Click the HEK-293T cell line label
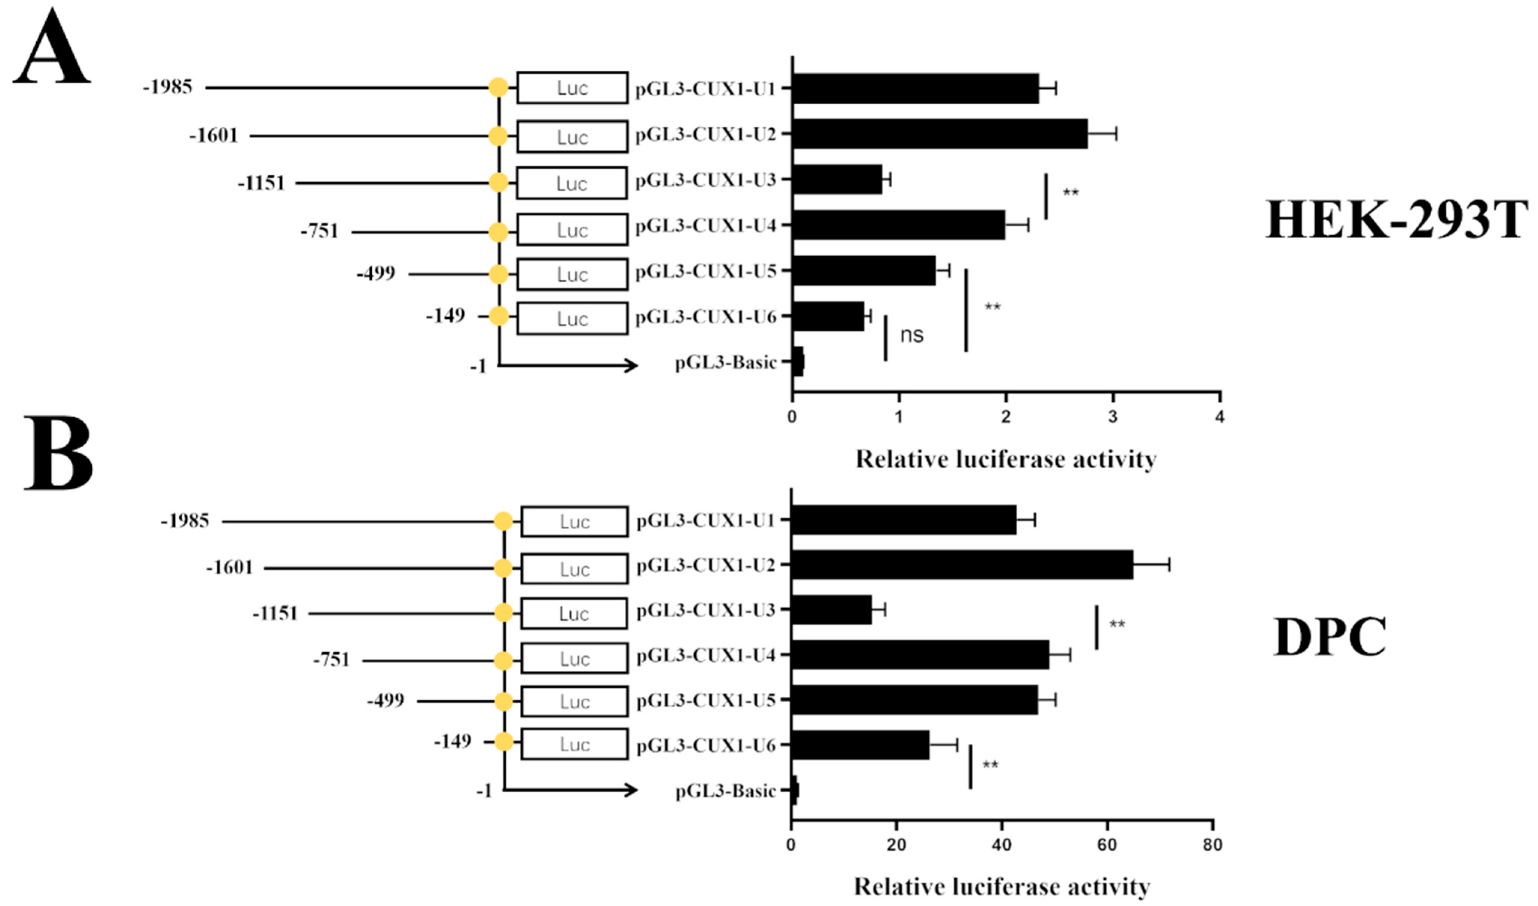[1396, 220]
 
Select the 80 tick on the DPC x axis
[1212, 845]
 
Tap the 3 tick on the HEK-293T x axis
[1113, 417]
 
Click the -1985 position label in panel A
[168, 87]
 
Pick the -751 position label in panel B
[332, 659]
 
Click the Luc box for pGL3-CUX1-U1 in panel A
[572, 88]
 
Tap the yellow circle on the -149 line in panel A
[499, 316]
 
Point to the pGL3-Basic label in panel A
[726, 362]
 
